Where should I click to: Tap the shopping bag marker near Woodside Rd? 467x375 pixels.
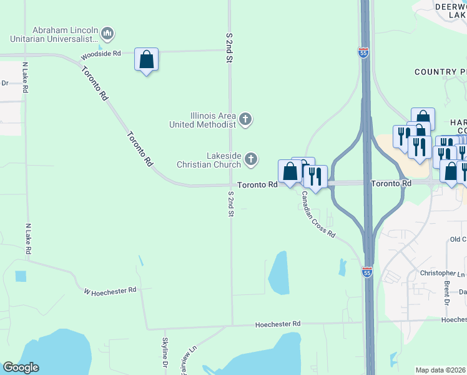pos(146,60)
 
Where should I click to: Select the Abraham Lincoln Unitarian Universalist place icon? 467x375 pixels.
pos(107,33)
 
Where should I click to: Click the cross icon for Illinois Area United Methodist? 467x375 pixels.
pos(245,119)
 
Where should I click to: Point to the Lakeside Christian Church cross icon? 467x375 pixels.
pos(251,160)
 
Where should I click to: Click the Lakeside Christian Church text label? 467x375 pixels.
pos(224,160)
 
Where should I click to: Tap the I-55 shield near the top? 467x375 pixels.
pos(363,52)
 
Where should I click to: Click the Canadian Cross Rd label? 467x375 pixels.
pos(318,214)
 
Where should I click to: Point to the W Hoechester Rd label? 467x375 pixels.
pos(110,291)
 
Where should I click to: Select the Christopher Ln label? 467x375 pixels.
pos(443,274)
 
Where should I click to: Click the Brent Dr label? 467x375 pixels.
pos(447,292)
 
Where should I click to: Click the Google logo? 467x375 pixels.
pos(21,367)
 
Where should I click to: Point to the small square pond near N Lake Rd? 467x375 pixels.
pos(21,276)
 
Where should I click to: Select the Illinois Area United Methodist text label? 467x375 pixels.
pos(203,119)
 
